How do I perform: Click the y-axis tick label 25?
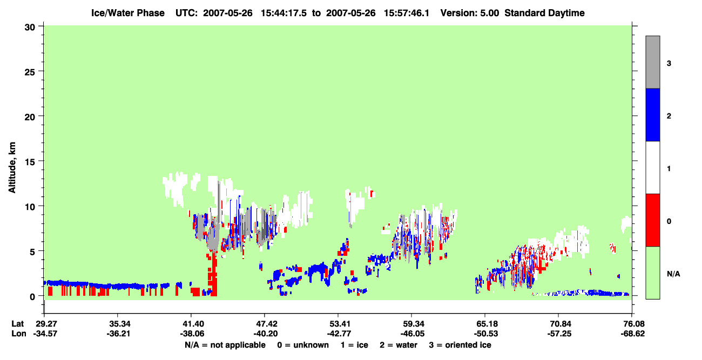click(30, 72)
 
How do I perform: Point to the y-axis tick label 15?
click(30, 162)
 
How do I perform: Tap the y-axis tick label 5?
click(32, 252)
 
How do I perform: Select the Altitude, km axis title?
click(12, 168)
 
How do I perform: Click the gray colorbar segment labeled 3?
click(652, 62)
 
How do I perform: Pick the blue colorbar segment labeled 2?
click(652, 114)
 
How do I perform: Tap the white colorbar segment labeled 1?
click(652, 168)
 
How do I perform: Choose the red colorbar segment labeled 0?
click(652, 220)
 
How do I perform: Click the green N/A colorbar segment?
click(652, 273)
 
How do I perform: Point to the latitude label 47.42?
click(265, 324)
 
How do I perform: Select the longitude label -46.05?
click(411, 334)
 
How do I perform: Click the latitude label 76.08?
click(632, 324)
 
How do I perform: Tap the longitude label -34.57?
click(45, 334)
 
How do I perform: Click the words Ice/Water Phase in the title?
click(128, 13)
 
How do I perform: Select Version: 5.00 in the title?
click(469, 13)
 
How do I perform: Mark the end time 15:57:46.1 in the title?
click(407, 13)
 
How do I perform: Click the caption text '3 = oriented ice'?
click(460, 345)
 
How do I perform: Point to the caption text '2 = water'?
click(399, 345)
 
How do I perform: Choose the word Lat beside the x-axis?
click(17, 324)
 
